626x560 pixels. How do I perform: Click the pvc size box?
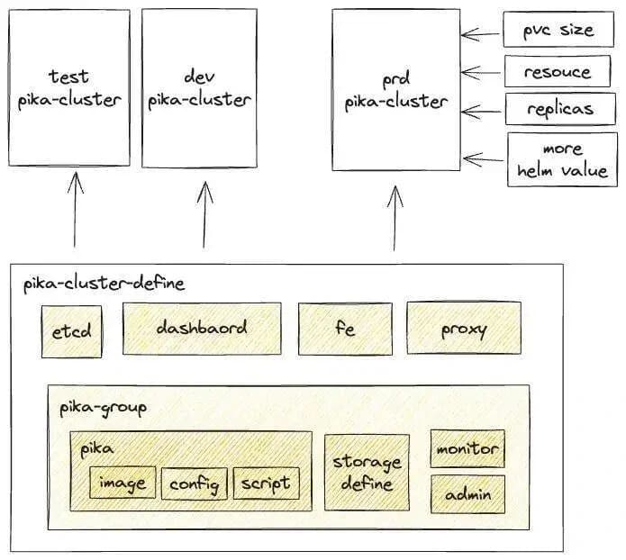tap(558, 31)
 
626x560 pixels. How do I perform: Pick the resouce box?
tap(558, 72)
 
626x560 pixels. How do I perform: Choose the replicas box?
tap(559, 109)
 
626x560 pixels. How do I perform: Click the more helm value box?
tap(561, 159)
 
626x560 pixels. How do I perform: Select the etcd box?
tap(70, 331)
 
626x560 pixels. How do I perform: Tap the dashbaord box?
tap(202, 328)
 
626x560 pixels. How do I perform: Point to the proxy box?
tap(464, 329)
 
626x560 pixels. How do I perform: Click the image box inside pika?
tap(123, 483)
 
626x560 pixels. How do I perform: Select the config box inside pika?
tap(195, 484)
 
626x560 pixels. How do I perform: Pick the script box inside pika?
tap(266, 483)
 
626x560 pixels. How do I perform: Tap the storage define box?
tap(367, 473)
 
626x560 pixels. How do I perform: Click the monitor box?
tap(467, 448)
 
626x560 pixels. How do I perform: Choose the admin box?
tap(467, 493)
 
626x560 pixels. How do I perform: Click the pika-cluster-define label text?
tap(104, 284)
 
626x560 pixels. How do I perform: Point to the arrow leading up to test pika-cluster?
tap(75, 210)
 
